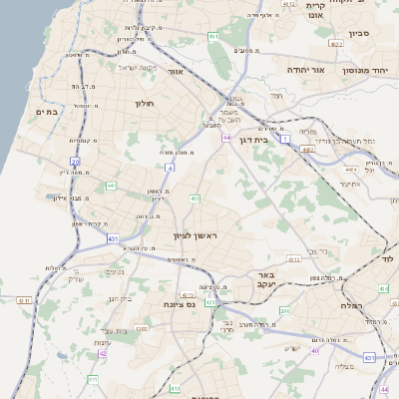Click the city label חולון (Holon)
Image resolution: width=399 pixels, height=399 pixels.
pos(141,103)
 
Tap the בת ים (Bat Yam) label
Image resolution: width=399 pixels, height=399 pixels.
pos(47,113)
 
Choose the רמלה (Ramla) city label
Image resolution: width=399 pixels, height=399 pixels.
pos(352,304)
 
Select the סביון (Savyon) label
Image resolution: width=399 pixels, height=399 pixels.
pos(359,33)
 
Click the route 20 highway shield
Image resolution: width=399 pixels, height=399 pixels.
pos(75,161)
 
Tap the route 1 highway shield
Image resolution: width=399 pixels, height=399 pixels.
pos(283,140)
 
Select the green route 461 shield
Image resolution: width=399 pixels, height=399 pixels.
pos(212,37)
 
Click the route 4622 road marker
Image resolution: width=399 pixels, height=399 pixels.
pos(336,45)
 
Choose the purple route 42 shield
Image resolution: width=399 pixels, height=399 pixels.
pos(103,353)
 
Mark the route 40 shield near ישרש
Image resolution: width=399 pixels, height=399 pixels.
pos(315,350)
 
